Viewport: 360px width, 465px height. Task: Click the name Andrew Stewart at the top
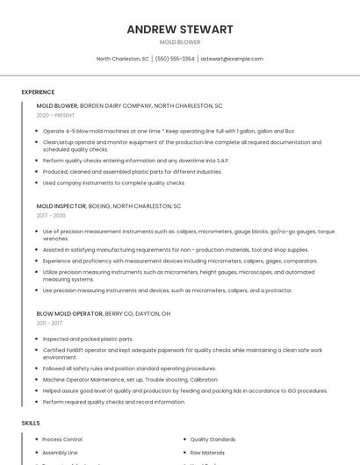point(180,29)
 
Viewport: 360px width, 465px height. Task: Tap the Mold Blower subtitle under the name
point(180,42)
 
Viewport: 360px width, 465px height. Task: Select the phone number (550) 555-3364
point(175,59)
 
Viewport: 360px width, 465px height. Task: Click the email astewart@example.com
point(232,59)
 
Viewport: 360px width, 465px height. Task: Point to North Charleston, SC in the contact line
point(122,59)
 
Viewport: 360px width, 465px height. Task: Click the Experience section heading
point(38,92)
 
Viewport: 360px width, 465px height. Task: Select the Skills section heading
point(31,423)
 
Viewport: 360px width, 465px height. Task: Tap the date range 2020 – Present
point(55,115)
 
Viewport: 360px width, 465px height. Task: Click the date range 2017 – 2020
point(51,215)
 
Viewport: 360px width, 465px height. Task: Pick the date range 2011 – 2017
point(49,323)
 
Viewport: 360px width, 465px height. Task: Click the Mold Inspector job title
point(61,205)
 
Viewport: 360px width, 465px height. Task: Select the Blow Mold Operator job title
point(69,313)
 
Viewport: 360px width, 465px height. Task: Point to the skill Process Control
point(61,439)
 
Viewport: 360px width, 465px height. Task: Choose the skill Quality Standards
point(212,439)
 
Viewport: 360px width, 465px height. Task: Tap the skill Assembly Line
point(60,453)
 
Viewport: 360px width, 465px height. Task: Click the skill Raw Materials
point(208,453)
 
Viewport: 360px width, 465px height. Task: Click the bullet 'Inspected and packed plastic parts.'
point(88,339)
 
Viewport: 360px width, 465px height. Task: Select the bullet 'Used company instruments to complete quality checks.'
point(114,182)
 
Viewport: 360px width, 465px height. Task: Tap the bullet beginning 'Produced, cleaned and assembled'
point(132,172)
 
